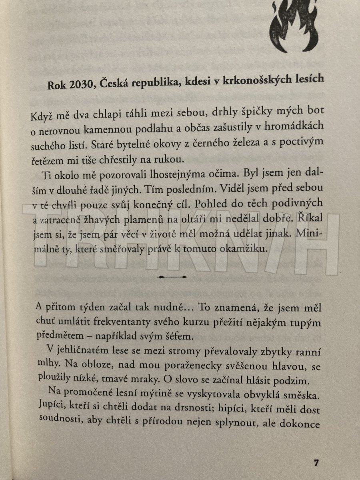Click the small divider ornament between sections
[172, 277]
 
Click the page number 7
[316, 463]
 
